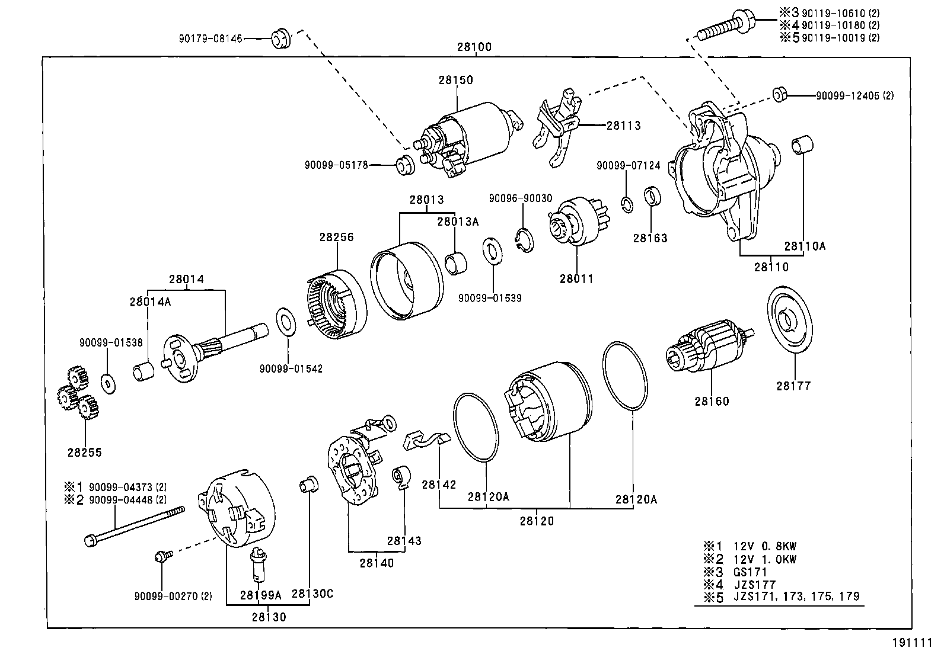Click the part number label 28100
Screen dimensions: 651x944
coord(474,47)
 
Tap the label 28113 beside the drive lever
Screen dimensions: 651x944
coord(623,126)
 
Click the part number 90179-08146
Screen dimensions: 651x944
coord(211,39)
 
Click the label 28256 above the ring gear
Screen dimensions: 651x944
coord(336,237)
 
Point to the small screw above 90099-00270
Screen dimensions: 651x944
coord(162,556)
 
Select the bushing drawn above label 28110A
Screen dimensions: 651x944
coord(803,146)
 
